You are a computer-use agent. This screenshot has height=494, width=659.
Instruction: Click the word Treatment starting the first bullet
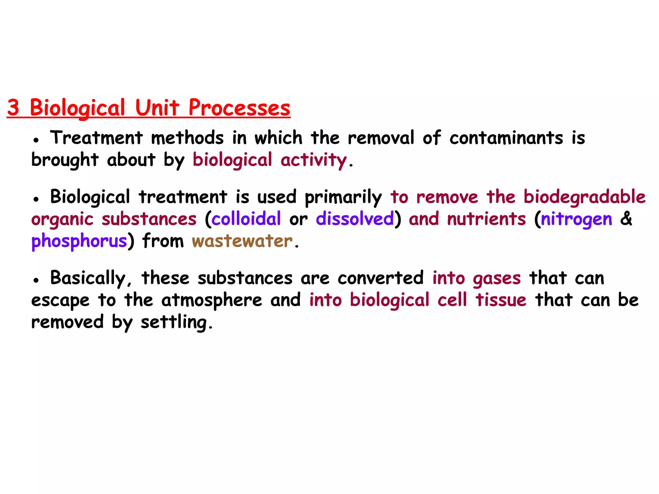pyautogui.click(x=96, y=138)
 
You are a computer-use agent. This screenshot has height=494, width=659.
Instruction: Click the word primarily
pyautogui.click(x=343, y=197)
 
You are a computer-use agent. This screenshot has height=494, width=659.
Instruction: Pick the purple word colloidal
pyautogui.click(x=246, y=219)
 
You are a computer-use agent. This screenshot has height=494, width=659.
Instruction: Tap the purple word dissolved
pyautogui.click(x=355, y=219)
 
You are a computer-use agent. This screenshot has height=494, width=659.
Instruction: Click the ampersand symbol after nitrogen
pyautogui.click(x=626, y=219)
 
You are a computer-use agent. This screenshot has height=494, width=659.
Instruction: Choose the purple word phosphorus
pyautogui.click(x=79, y=242)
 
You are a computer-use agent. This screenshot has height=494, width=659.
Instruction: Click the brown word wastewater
pyautogui.click(x=242, y=241)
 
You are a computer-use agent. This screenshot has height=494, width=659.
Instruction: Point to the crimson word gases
pyautogui.click(x=497, y=279)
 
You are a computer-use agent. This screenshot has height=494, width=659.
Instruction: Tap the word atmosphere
pyautogui.click(x=212, y=300)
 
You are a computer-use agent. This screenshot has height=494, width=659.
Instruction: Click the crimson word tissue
pyautogui.click(x=501, y=300)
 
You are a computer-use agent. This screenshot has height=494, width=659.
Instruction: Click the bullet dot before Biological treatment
pyautogui.click(x=36, y=199)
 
